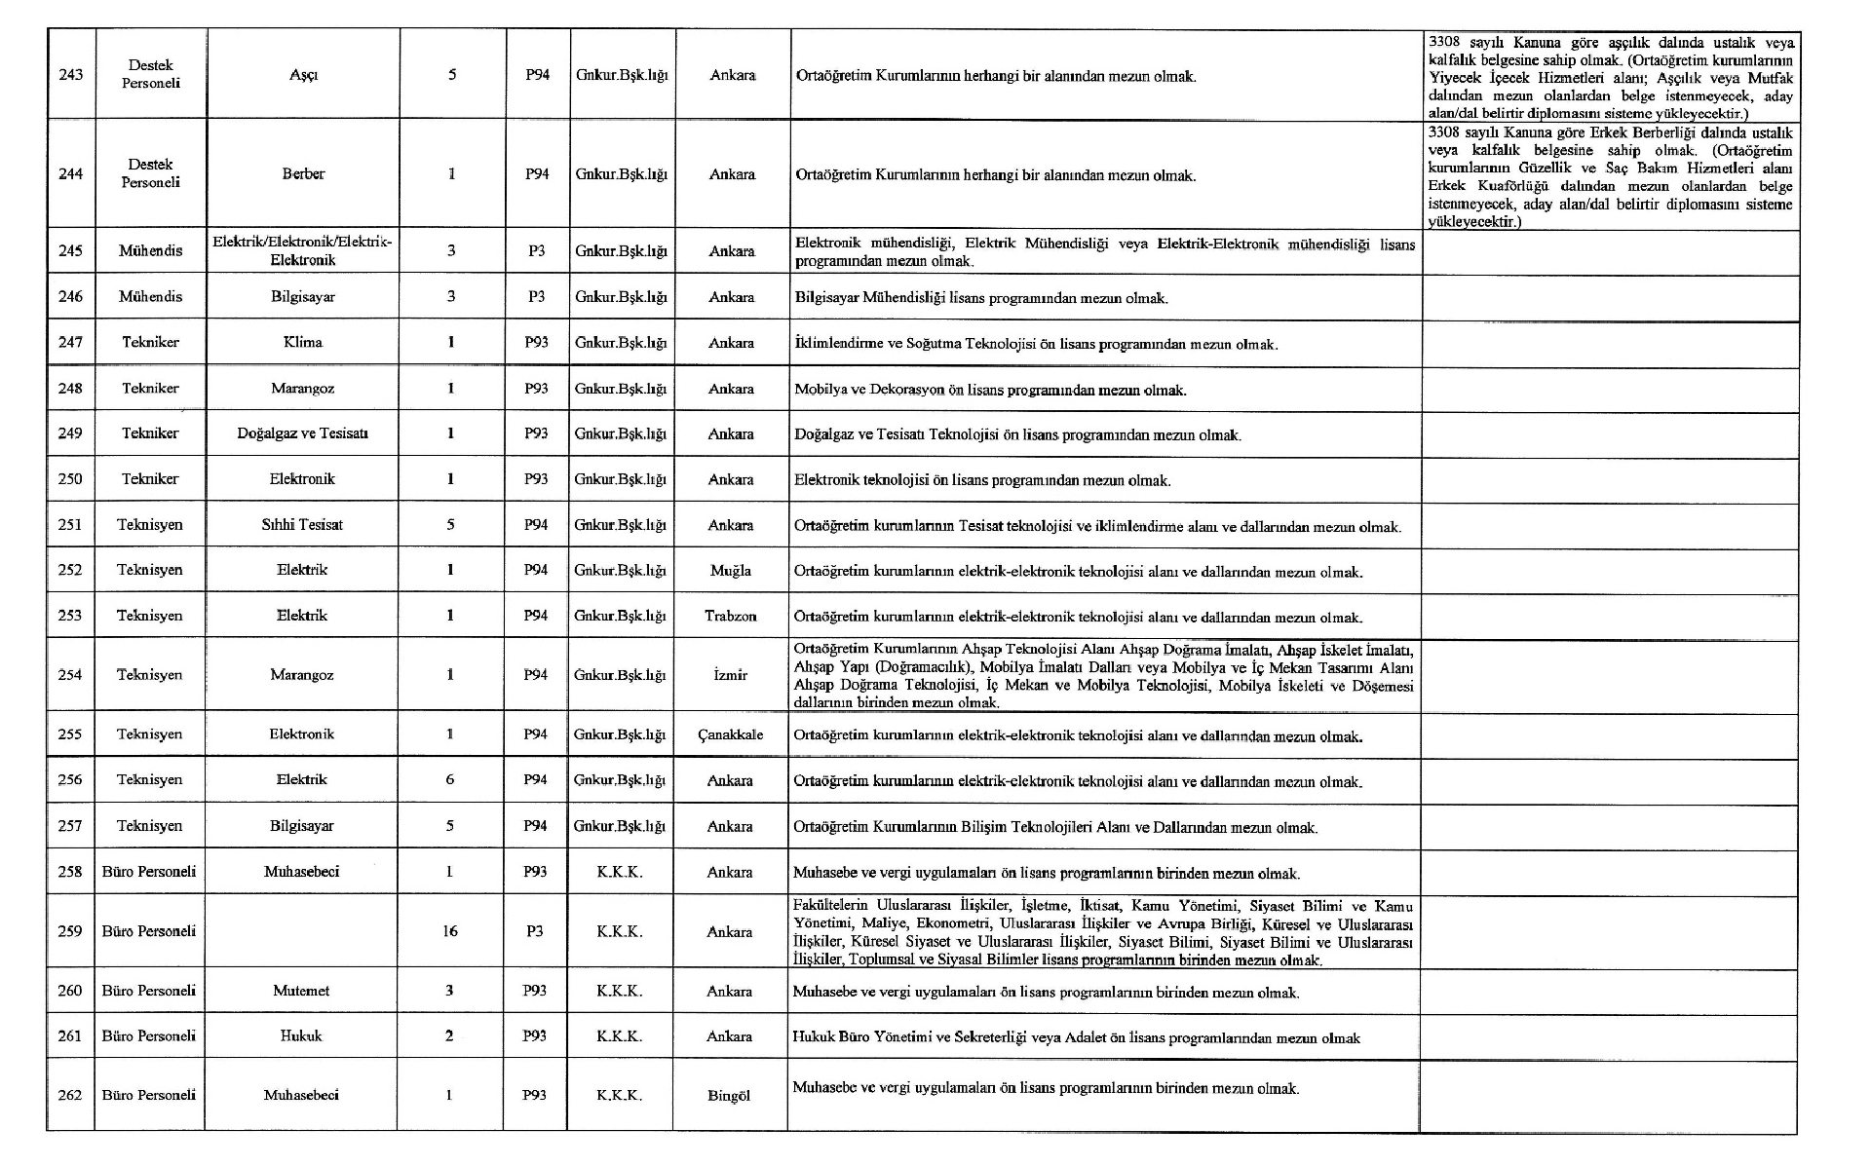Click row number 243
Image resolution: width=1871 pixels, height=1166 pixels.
(71, 74)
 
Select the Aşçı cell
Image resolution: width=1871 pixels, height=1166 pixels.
(303, 75)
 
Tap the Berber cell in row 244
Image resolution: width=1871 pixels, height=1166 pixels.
(303, 173)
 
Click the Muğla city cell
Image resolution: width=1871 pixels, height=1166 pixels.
(731, 570)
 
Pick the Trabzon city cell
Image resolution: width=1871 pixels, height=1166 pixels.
(731, 616)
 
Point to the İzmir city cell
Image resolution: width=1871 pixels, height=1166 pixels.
(731, 674)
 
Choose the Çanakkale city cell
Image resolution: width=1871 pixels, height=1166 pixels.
(730, 734)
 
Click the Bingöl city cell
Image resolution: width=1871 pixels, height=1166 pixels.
(729, 1095)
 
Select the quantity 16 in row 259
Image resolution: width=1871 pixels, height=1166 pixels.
(449, 931)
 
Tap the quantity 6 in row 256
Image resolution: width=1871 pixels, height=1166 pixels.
(449, 779)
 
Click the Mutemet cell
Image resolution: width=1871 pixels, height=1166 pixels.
(301, 991)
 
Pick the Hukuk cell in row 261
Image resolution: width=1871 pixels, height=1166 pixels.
(301, 1035)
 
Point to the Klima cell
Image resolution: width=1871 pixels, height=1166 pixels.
(303, 342)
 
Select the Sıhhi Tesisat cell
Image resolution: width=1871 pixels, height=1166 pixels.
(302, 524)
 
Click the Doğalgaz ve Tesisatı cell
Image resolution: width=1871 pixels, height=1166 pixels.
(302, 433)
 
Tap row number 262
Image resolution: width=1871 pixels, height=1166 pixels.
(70, 1095)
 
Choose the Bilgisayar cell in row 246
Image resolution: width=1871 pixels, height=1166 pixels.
(303, 296)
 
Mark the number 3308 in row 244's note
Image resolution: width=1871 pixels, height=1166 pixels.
(1444, 132)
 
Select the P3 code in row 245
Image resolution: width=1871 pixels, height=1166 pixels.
(537, 250)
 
